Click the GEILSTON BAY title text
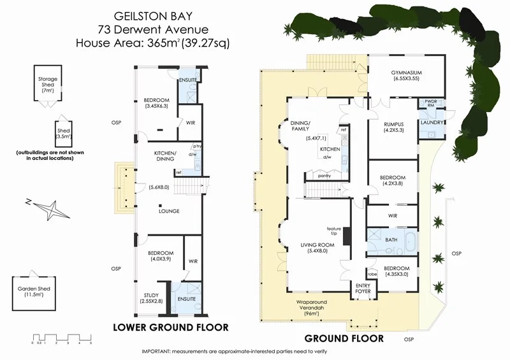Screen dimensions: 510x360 154,15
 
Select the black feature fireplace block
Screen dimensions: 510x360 347,236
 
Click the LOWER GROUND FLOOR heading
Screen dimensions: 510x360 170,328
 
